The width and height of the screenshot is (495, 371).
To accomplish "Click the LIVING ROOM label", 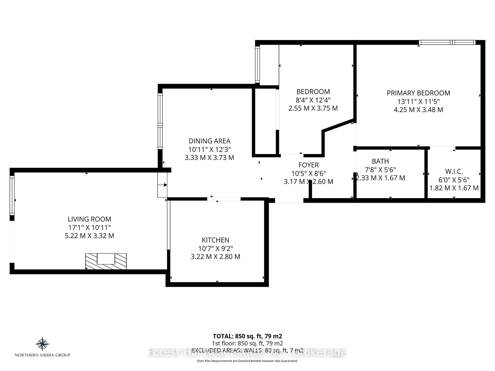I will pos(89,219).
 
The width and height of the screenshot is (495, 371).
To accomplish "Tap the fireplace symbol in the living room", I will pos(106,261).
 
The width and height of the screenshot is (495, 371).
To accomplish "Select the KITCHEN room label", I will pos(216,240).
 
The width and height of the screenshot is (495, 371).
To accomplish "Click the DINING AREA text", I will pos(209,141).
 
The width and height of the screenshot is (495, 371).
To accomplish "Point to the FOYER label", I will pos(309,165).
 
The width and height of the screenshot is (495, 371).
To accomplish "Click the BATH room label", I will pos(380,161).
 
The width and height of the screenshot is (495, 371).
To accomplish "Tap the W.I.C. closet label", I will pos(454,171).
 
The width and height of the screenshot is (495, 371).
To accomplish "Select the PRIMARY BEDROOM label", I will pos(418,93).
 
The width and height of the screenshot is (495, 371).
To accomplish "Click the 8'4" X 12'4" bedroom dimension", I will pos(313,100).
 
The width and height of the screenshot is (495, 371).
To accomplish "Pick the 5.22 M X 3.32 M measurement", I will pos(89,236).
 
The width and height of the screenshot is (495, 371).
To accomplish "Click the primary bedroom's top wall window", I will pos(447,43).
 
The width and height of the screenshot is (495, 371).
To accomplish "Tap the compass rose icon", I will pos(42,344).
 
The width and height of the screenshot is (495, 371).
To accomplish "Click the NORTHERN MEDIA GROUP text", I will pos(42,355).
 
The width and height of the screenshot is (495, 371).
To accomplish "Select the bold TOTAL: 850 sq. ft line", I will pos(247,336).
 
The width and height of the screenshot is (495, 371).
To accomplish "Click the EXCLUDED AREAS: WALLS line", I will pos(247,350).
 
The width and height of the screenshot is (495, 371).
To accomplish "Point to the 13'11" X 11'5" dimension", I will pos(418,101).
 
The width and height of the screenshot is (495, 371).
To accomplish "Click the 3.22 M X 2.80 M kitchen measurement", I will pos(216,257).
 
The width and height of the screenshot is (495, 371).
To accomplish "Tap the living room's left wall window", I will pos(12,195).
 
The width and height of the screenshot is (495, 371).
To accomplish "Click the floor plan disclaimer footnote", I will pos(247,361).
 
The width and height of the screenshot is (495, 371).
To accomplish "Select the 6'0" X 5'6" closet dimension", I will pos(454,180).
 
